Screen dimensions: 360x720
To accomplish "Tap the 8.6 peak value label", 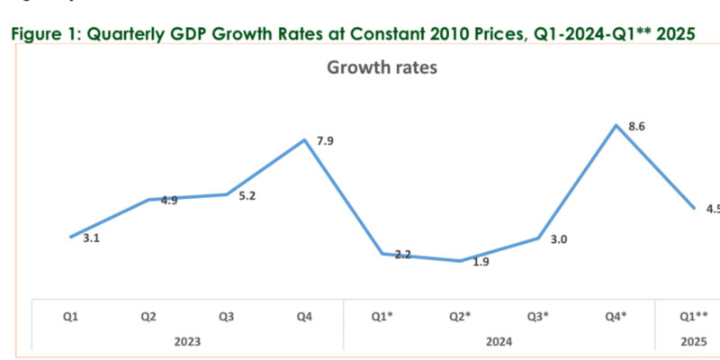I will [x=636, y=127].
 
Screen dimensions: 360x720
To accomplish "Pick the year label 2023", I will [x=188, y=341].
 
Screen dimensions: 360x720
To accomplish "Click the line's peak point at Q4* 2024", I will [x=616, y=125].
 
